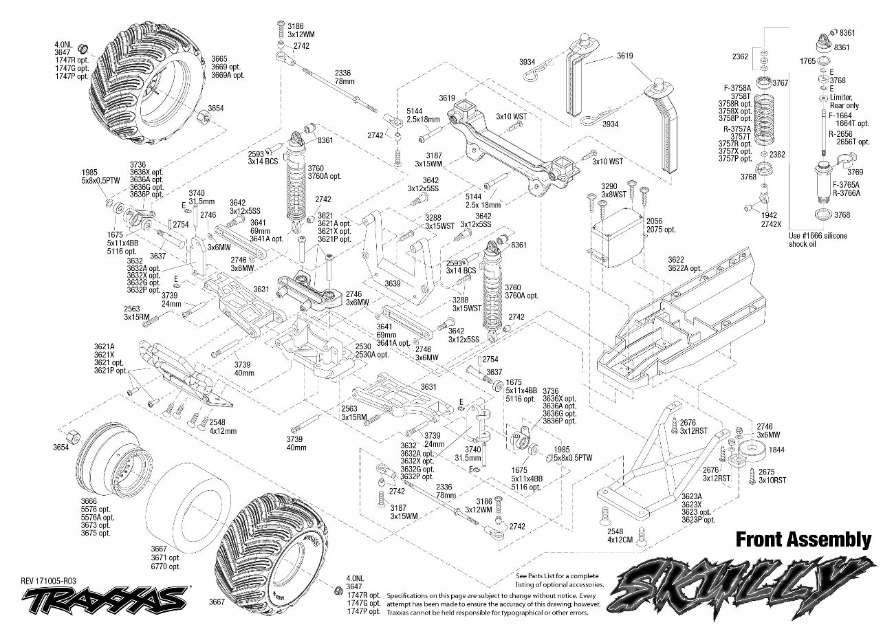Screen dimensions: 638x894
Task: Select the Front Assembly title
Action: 803,540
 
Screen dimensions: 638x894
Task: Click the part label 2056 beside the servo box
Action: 655,221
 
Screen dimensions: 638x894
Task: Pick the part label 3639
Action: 393,283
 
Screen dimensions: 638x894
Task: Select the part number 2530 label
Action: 364,346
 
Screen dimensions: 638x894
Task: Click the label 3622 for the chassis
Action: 676,260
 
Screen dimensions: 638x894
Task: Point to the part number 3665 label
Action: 219,59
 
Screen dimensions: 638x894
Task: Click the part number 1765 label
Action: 807,61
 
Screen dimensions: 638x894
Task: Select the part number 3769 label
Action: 855,172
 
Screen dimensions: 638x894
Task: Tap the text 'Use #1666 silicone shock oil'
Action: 818,240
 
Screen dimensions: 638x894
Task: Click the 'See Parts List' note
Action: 556,580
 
